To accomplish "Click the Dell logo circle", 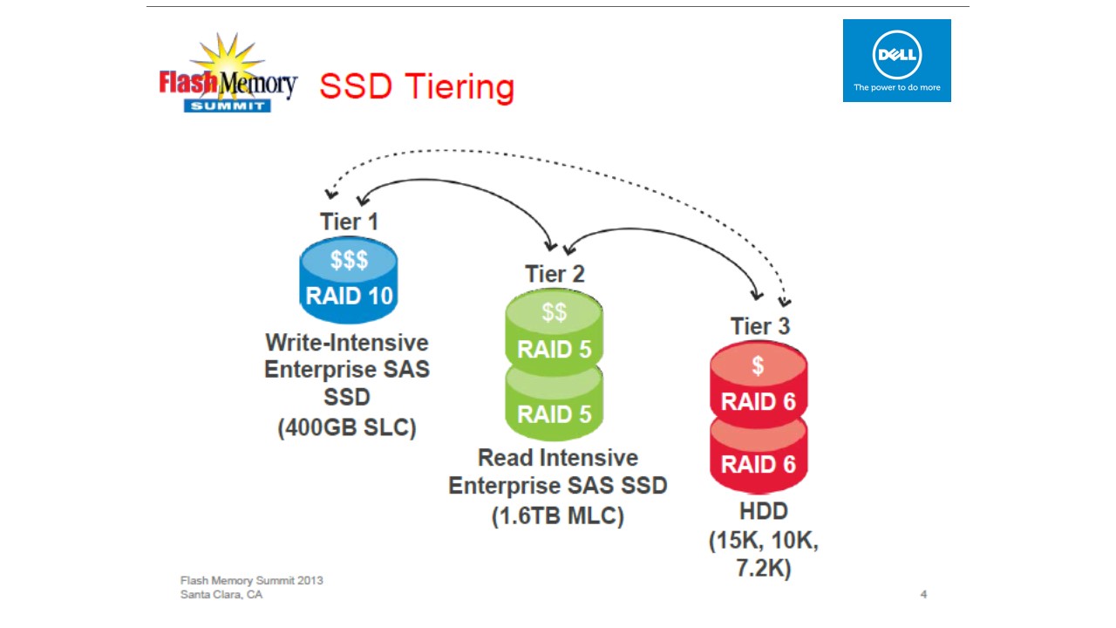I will click(896, 54).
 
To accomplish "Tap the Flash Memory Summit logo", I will click(228, 77).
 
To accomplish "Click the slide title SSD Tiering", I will click(416, 87).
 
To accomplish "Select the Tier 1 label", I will click(349, 222).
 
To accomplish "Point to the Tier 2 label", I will click(555, 274).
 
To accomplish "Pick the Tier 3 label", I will click(759, 326).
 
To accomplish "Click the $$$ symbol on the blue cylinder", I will click(349, 259).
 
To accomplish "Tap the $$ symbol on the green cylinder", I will click(555, 312).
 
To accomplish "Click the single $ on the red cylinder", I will click(759, 365).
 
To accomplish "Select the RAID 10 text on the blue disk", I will click(349, 296).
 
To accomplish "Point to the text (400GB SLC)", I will click(347, 428).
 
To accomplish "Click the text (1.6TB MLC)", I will click(558, 515).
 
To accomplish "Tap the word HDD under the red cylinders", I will click(764, 511).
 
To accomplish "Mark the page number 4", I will click(923, 595).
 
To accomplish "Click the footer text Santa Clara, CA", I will click(221, 595).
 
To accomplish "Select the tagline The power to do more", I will click(896, 87).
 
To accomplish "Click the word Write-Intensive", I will click(347, 341).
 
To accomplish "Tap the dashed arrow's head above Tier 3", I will click(785, 301).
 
